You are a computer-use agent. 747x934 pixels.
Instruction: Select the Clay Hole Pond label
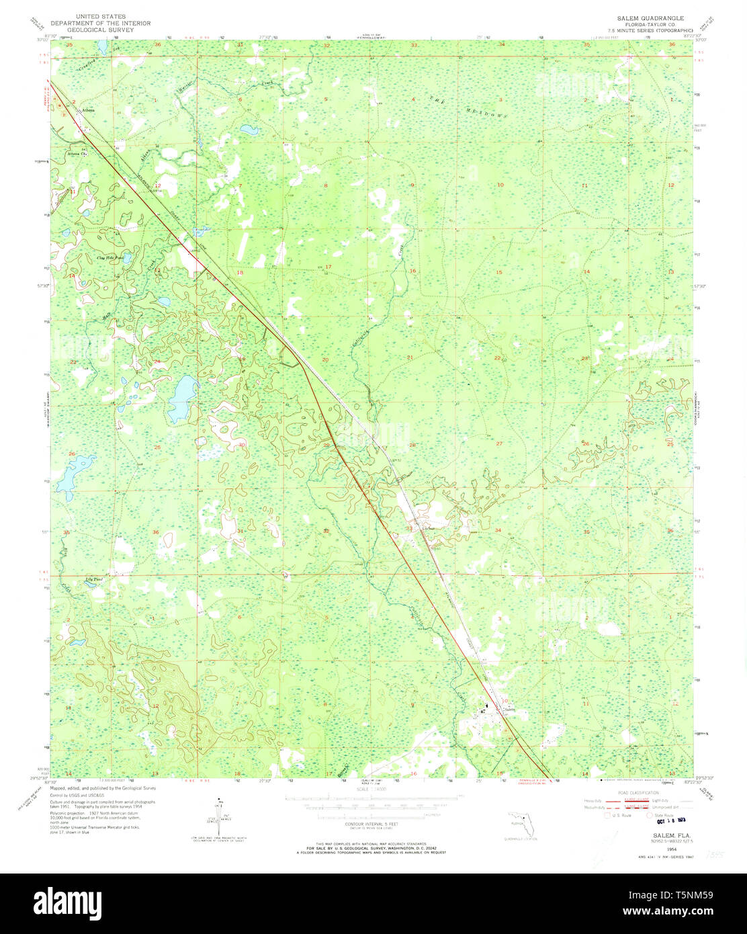(x=110, y=257)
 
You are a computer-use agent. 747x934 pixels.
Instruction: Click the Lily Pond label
(x=93, y=579)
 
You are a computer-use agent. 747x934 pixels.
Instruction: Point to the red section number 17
(x=328, y=267)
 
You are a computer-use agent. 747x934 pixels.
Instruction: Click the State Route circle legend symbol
(x=650, y=815)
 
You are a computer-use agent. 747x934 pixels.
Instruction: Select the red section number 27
(x=499, y=443)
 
